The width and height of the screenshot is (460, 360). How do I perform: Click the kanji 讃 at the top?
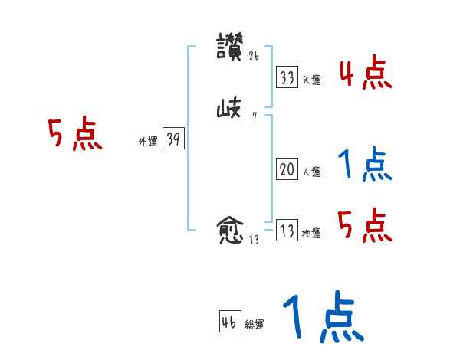(230, 47)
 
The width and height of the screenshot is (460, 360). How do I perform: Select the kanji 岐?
(229, 110)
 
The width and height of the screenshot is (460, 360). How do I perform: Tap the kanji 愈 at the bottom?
(230, 230)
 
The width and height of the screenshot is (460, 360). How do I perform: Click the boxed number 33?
(287, 77)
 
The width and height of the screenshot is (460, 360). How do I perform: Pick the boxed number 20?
(287, 170)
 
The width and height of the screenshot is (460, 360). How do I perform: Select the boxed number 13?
(287, 231)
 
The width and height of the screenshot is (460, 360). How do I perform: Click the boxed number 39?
(173, 139)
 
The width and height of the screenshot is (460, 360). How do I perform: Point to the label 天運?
(311, 80)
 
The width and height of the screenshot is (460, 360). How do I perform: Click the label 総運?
(255, 326)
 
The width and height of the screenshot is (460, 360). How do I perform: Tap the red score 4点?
(365, 74)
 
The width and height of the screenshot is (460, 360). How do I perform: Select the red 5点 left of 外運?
(75, 136)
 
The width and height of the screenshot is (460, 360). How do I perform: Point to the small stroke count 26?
(255, 55)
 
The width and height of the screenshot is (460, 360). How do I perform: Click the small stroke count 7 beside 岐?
(254, 117)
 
